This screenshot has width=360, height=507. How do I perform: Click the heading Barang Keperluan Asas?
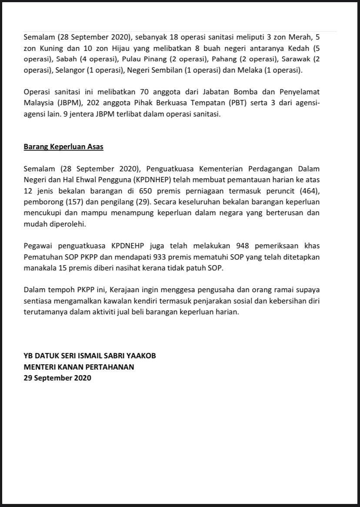(63, 147)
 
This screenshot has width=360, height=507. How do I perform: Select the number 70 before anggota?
(144, 93)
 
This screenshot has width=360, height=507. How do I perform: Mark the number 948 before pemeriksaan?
(242, 246)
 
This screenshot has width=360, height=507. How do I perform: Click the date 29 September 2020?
(57, 378)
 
